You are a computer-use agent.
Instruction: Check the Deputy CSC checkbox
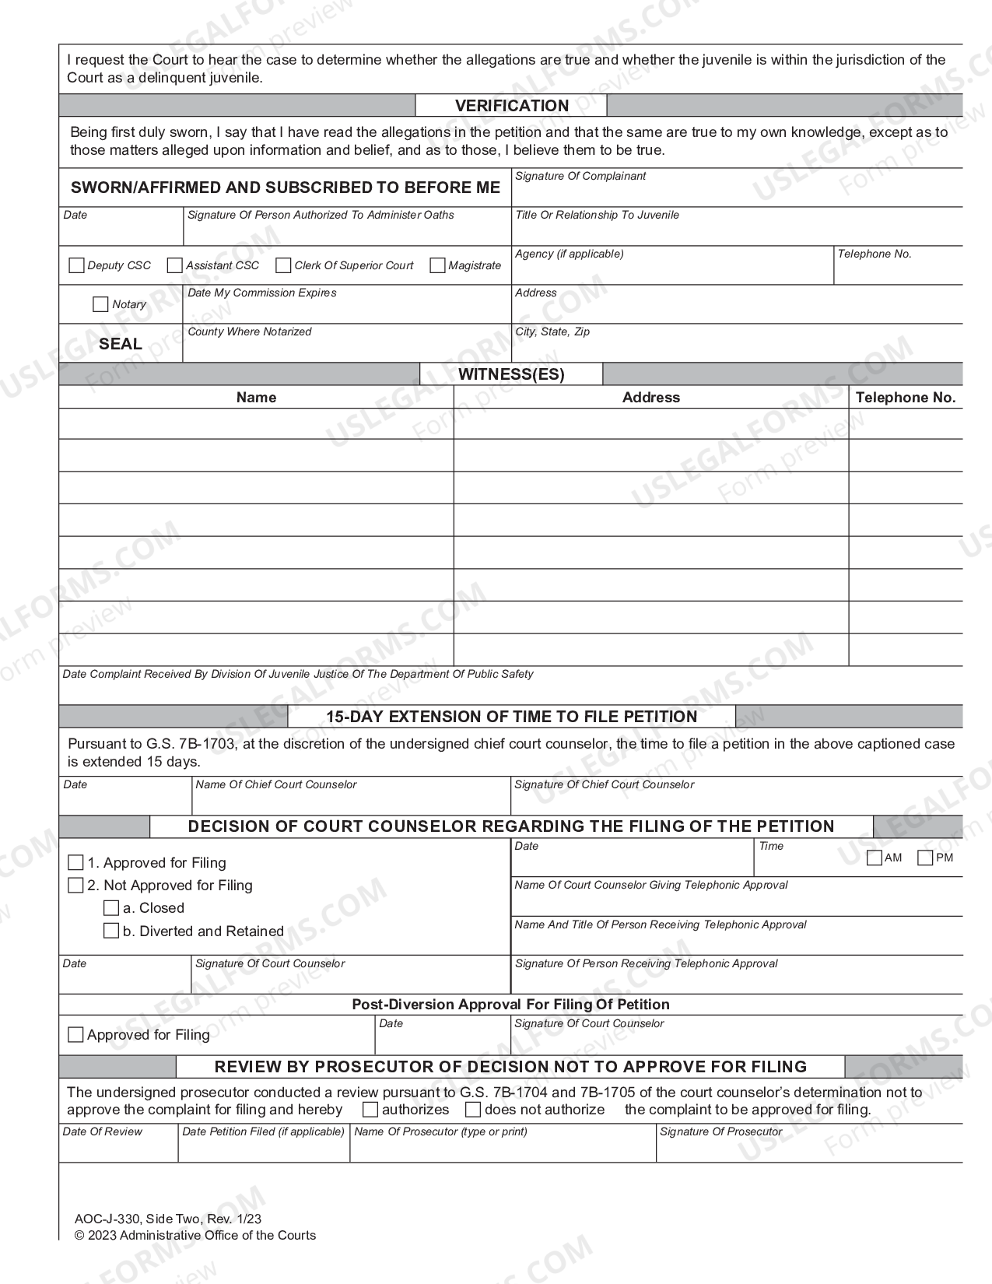tap(76, 265)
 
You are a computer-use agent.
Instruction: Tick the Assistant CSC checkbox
tap(175, 265)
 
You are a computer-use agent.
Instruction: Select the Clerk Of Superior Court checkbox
tap(283, 265)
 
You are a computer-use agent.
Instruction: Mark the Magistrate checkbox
tap(437, 265)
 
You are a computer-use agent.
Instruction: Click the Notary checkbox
tap(100, 304)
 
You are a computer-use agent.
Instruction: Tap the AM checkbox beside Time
tap(875, 858)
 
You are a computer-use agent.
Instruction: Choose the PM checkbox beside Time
tap(925, 858)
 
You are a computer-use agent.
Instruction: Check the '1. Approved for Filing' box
tap(75, 862)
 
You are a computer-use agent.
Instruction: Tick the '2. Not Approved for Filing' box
tap(75, 885)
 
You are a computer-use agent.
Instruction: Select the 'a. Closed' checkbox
tap(111, 907)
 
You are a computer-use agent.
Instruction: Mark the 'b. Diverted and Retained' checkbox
tap(111, 931)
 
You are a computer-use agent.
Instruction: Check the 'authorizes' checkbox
tap(370, 1110)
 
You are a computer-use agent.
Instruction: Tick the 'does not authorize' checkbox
tap(472, 1110)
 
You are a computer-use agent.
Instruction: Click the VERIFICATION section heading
tap(511, 106)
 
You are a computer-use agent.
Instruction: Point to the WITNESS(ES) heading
tap(511, 374)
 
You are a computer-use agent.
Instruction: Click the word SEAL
tap(121, 344)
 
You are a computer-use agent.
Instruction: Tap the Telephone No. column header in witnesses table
tap(905, 398)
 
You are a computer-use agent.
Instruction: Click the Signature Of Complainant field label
tap(580, 177)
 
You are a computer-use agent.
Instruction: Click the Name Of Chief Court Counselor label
tap(276, 785)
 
